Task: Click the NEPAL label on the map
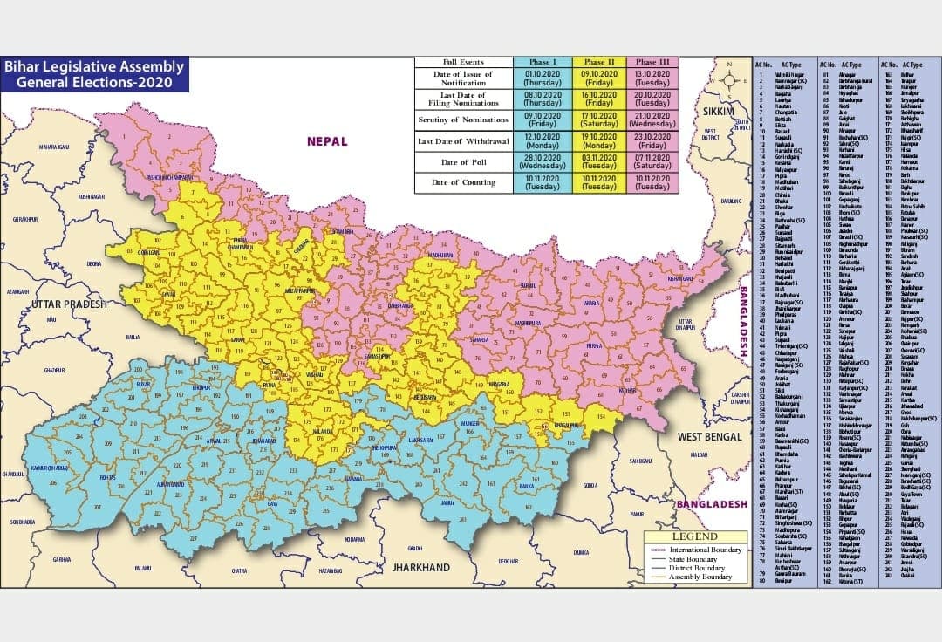(326, 141)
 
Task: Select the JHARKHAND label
(421, 567)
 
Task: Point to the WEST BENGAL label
(709, 436)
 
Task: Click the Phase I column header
(542, 62)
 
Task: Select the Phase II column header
(599, 62)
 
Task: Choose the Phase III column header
(652, 62)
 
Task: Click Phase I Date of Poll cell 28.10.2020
(542, 161)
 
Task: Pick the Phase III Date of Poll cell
(652, 161)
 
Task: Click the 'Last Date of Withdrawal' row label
(463, 141)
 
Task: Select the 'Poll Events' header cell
(463, 62)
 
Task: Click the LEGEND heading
(695, 536)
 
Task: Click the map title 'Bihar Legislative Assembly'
(94, 67)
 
